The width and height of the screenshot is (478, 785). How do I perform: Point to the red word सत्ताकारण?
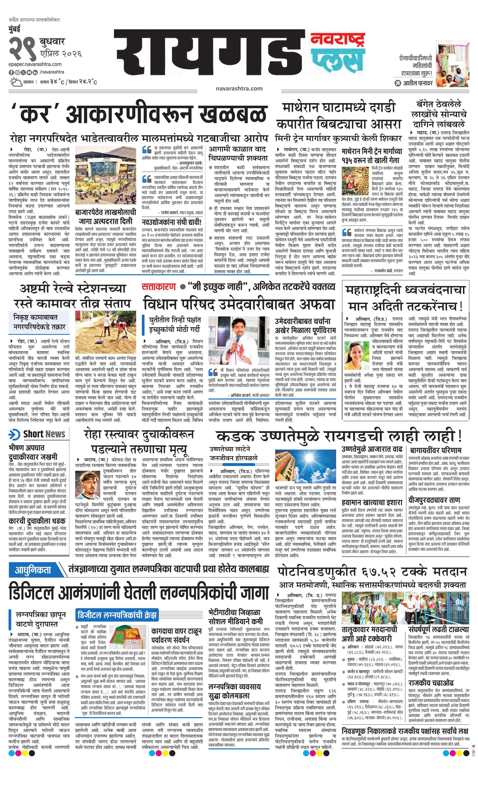tap(159, 287)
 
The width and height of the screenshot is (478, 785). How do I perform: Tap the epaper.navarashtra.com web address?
tap(35, 64)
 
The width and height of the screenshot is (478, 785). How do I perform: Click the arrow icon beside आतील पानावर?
tap(397, 83)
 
